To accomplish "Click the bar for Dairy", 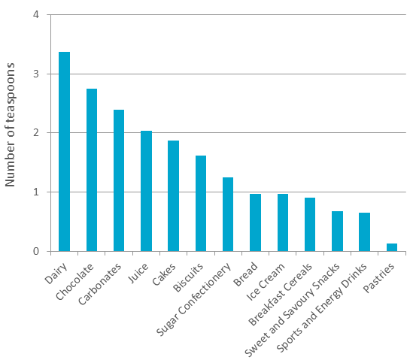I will (65, 151).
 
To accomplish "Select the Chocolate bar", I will (92, 170).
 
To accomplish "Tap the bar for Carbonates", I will (119, 180).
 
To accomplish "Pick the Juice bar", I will (146, 191).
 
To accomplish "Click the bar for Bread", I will (255, 222).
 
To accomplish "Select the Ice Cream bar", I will (283, 222).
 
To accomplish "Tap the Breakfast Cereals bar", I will (310, 224).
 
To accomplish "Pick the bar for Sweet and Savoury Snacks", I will (337, 231).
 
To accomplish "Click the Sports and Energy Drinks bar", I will (364, 231).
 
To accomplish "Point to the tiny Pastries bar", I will (392, 247).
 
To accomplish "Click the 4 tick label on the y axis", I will (36, 15).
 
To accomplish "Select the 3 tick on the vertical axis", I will (36, 74).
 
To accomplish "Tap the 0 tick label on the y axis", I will (36, 251).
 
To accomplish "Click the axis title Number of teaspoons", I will (11, 134).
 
